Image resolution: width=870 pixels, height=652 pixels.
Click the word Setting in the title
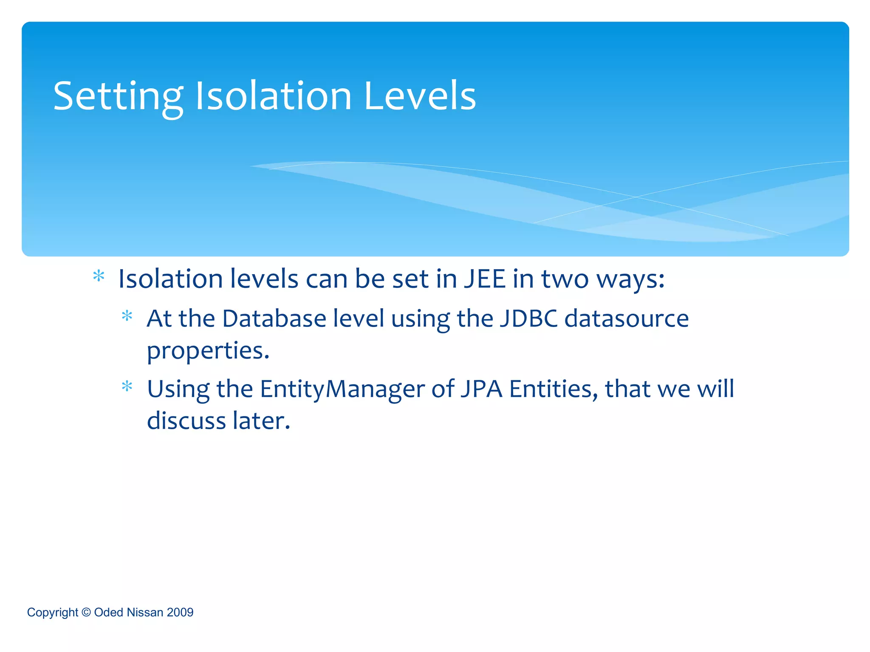(x=118, y=97)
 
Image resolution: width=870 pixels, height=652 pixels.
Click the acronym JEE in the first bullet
(x=484, y=279)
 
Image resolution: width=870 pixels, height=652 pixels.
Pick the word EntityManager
(x=342, y=389)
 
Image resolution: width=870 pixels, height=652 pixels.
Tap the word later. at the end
(x=261, y=421)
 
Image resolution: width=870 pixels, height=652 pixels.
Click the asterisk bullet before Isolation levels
(x=99, y=276)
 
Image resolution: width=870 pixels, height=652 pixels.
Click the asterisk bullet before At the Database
(x=127, y=316)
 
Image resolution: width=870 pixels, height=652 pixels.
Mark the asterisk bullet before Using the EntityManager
(x=127, y=386)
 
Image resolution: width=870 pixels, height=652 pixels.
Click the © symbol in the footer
(x=86, y=612)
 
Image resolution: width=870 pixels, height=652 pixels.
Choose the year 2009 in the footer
(x=180, y=612)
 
